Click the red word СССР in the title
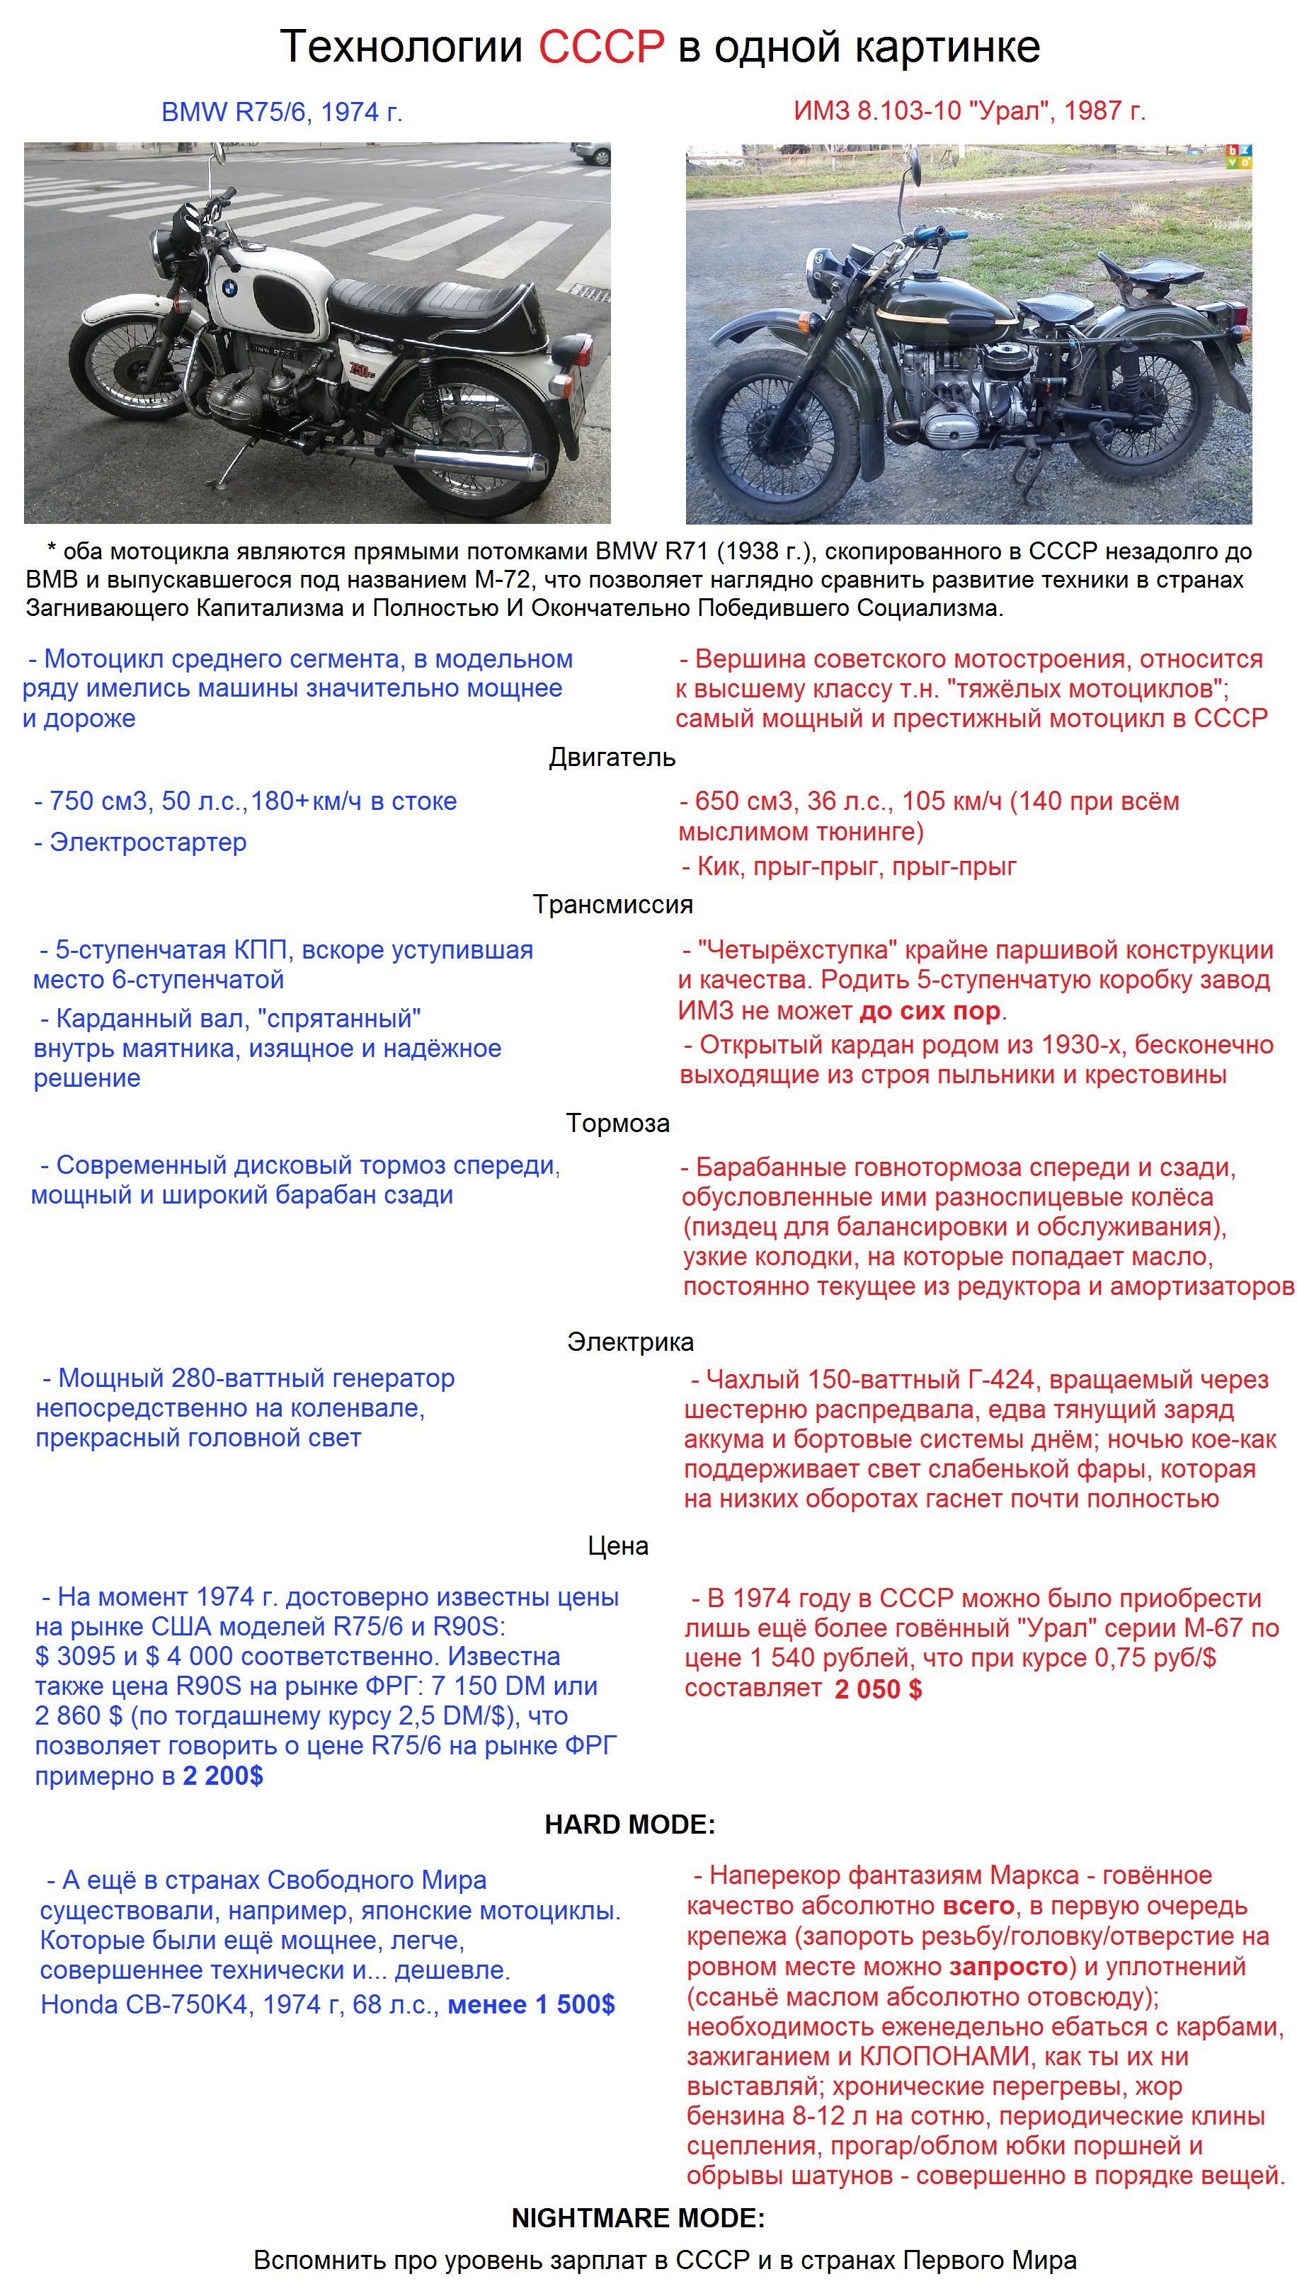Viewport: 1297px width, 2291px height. [601, 46]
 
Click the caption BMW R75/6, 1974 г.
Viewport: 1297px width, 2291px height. [282, 113]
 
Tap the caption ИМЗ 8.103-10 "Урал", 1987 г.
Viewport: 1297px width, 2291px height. [969, 110]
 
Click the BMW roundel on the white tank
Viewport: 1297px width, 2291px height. [230, 289]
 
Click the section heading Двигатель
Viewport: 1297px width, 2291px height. [612, 757]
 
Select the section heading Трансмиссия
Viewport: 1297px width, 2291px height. [613, 904]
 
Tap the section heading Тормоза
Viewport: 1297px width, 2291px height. [617, 1124]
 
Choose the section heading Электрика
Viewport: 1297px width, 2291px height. [630, 1342]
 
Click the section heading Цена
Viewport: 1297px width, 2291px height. [617, 1546]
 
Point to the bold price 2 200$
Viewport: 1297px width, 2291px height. [223, 1776]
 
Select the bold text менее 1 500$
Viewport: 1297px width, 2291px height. [531, 2004]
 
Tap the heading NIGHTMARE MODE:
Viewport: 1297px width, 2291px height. [638, 2218]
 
